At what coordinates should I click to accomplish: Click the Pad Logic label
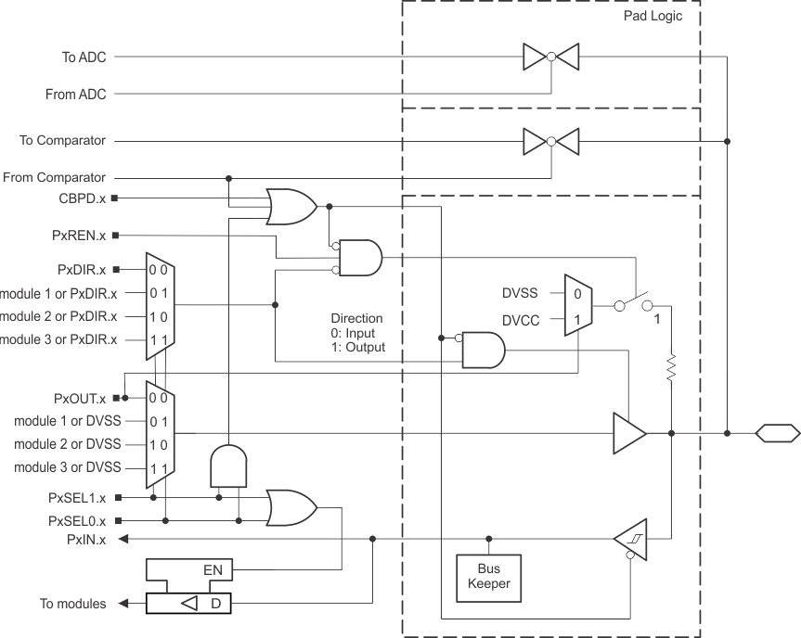coord(652,16)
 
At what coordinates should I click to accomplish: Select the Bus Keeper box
coord(488,578)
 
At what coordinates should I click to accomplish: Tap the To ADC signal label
coord(84,57)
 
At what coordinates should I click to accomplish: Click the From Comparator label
coord(55,177)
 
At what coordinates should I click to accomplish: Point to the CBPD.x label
coord(82,198)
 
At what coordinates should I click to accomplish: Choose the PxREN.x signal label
coord(80,236)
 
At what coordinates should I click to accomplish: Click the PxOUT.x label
coord(81,399)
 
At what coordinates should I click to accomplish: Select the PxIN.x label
coord(86,539)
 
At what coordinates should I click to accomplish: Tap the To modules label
coord(72,604)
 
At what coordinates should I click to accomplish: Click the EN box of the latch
coord(213,570)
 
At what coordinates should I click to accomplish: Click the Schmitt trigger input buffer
coord(629,539)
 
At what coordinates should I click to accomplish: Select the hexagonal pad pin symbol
coord(776,432)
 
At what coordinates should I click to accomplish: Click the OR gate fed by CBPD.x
coord(291,206)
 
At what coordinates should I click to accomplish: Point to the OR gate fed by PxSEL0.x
coord(291,507)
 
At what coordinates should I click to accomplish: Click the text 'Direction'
coord(356,318)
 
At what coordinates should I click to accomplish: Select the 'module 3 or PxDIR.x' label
coord(58,339)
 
